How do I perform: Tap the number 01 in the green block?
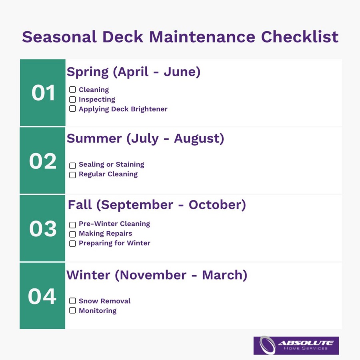43,93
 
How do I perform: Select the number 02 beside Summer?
43,161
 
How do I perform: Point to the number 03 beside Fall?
43,229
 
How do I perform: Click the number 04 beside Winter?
42,296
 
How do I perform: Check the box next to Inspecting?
72,99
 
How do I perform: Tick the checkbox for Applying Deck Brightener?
72,109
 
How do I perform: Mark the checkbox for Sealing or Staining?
72,165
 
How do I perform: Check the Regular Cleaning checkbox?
72,175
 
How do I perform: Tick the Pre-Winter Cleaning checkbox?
72,225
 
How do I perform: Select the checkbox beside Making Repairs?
72,234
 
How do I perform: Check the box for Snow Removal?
72,301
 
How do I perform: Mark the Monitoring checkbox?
72,310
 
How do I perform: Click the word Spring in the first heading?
88,72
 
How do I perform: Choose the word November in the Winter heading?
153,275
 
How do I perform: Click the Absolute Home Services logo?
296,345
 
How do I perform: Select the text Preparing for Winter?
114,243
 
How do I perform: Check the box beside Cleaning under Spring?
72,90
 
